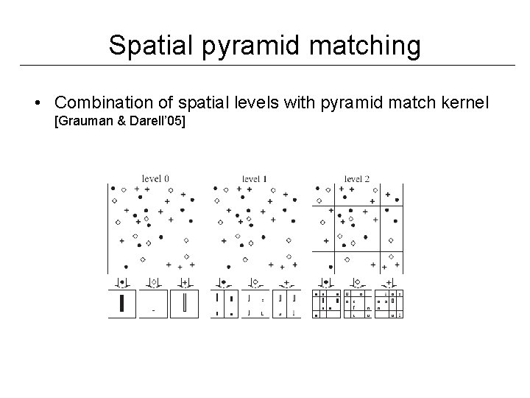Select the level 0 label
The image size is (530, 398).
coord(156,178)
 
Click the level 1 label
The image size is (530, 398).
coord(255,178)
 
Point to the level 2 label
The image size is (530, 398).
coord(357,178)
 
